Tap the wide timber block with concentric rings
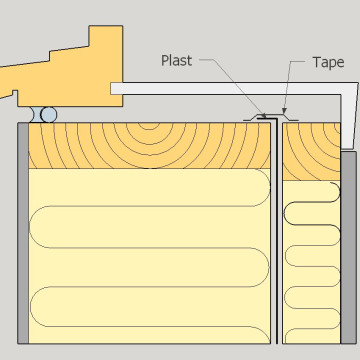[x=150, y=146]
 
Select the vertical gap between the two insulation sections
[x=278, y=250]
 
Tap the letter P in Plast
[x=166, y=61]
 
